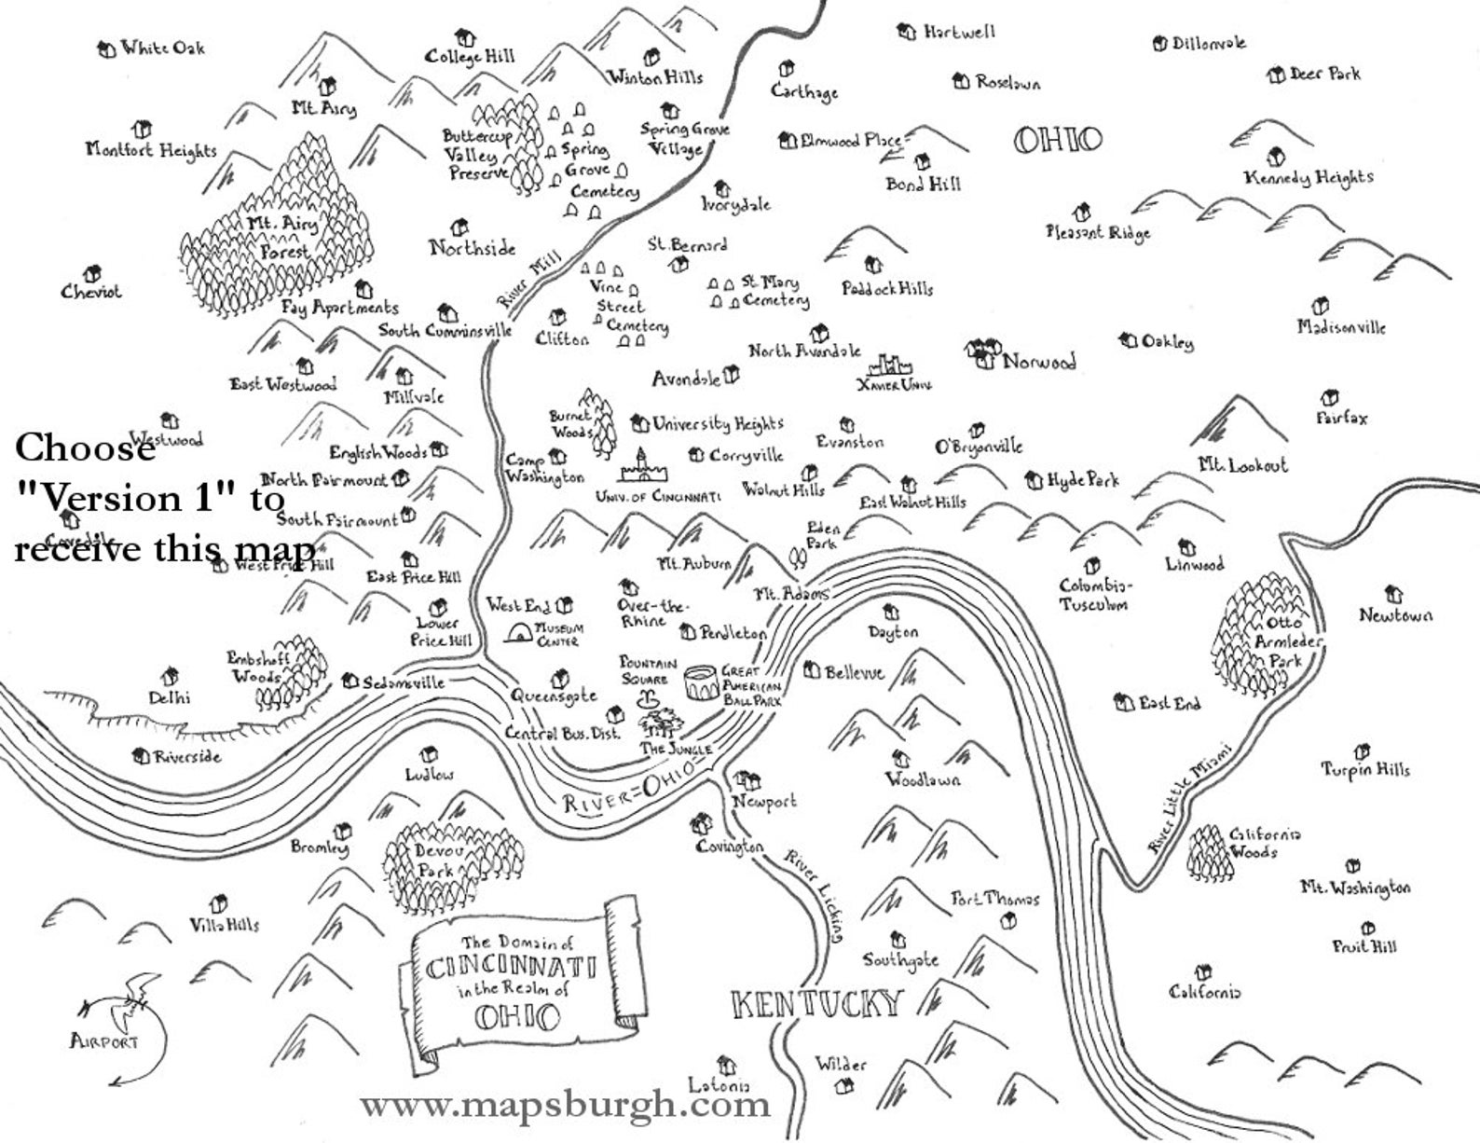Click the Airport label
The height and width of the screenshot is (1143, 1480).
pyautogui.click(x=103, y=1040)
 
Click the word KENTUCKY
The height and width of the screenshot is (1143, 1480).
pyautogui.click(x=818, y=1004)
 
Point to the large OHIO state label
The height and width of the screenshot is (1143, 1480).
pyautogui.click(x=1057, y=141)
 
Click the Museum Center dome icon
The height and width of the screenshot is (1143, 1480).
pyautogui.click(x=518, y=634)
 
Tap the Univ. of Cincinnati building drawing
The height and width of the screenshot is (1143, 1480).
pyautogui.click(x=640, y=467)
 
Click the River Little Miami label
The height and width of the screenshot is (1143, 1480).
pyautogui.click(x=1188, y=797)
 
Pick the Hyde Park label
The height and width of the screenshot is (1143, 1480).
pyautogui.click(x=1083, y=480)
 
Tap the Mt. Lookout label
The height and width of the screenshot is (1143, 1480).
pyautogui.click(x=1242, y=464)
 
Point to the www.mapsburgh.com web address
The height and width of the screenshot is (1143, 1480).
pyautogui.click(x=565, y=1106)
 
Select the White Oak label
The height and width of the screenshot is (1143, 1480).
pyautogui.click(x=162, y=48)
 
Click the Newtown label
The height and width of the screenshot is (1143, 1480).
pyautogui.click(x=1395, y=615)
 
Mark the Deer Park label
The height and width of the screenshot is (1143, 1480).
pyautogui.click(x=1324, y=74)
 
